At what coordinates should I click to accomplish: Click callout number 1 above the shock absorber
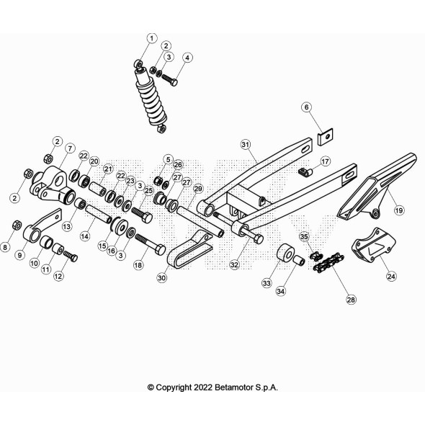click(x=151, y=37)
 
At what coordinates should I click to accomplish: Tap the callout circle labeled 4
click(x=187, y=58)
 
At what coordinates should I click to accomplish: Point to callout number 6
click(x=306, y=107)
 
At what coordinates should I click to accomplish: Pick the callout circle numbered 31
click(x=245, y=144)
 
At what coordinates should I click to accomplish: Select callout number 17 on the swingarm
click(x=325, y=161)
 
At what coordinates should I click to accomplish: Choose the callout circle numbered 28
click(x=351, y=299)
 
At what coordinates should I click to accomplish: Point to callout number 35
click(x=304, y=237)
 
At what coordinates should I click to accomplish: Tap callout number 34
click(x=280, y=291)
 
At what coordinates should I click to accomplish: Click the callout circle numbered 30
click(x=161, y=277)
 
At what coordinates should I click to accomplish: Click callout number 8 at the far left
click(x=6, y=247)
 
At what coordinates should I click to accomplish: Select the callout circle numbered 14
click(x=84, y=236)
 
